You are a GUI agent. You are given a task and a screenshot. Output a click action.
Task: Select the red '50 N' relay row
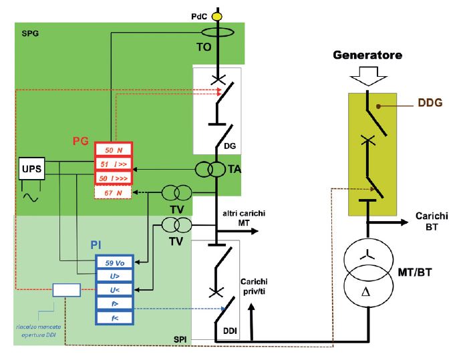tap(114, 150)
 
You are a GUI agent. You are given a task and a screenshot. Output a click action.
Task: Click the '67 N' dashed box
tap(114, 194)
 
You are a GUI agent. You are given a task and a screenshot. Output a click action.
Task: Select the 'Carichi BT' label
tap(432, 222)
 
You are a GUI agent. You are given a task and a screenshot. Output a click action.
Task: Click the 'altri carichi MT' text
tap(237, 218)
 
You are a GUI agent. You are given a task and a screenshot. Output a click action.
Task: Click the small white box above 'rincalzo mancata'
tap(66, 290)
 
